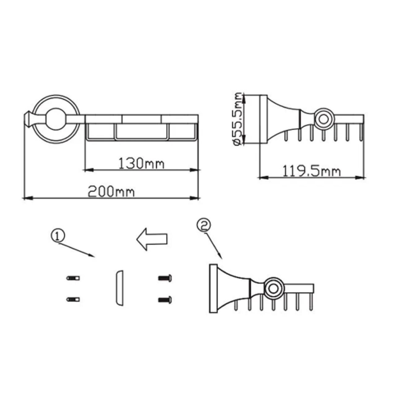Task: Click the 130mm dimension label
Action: (x=142, y=163)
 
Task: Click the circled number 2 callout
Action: (x=204, y=226)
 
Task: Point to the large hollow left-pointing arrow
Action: (x=152, y=239)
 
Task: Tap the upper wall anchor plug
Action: (x=73, y=278)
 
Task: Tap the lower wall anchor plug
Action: (x=73, y=299)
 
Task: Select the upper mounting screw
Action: (x=165, y=278)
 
